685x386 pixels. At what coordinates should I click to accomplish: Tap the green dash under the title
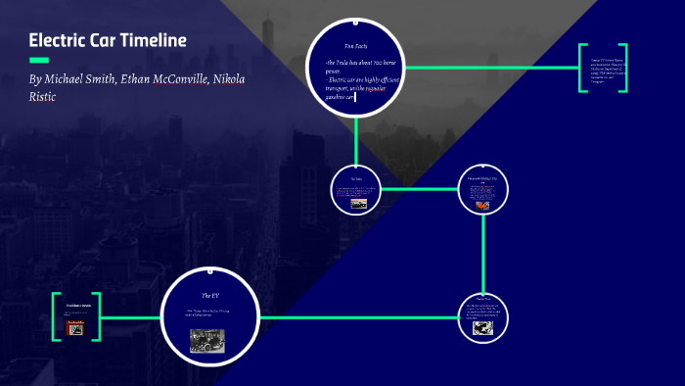point(38,60)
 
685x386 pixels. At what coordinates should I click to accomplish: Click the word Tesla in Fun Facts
point(345,62)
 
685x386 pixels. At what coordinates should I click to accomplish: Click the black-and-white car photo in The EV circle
point(207,339)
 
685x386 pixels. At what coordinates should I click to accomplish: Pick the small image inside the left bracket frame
point(75,328)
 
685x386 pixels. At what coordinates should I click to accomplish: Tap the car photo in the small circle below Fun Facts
point(357,203)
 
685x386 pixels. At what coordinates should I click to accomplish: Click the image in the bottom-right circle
point(482,329)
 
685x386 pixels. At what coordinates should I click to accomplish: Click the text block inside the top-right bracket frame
point(602,70)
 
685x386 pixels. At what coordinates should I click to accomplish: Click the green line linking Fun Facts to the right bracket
point(489,68)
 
